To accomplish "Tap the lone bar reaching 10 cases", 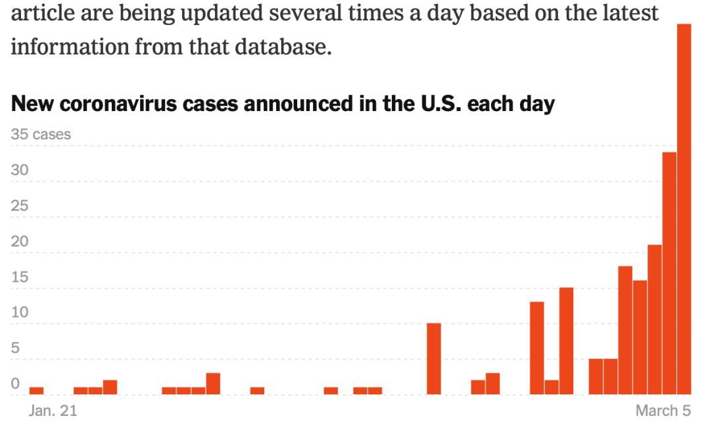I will [434, 359].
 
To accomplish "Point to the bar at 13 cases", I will [537, 348].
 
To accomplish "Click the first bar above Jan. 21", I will [37, 390].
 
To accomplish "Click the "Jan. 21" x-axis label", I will [53, 411].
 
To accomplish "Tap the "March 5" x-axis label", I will [663, 411].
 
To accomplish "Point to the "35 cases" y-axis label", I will [41, 135].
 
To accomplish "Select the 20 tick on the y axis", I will [20, 242].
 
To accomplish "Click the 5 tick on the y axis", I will [16, 348].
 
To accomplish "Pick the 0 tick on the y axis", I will [16, 384].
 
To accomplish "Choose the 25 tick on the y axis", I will [20, 206].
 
